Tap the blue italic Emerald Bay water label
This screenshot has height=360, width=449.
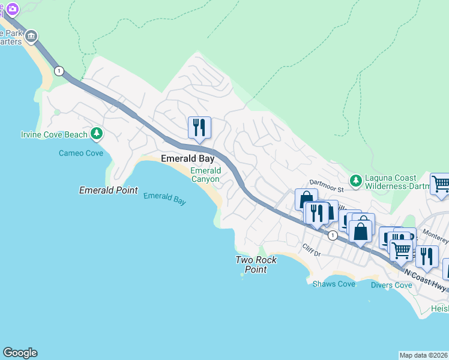pos(164,198)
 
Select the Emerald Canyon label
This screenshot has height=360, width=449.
pos(205,175)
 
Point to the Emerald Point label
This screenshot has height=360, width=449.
pos(109,190)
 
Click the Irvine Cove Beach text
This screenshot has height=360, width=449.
pos(54,134)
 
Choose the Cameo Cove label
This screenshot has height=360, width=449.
pos(81,153)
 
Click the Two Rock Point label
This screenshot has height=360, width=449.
pos(251,265)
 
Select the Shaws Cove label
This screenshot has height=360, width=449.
pos(334,284)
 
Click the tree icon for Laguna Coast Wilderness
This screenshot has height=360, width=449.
pos(356,179)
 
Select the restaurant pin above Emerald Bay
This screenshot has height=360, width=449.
pos(199,128)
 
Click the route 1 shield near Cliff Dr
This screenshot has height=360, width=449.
pos(332,236)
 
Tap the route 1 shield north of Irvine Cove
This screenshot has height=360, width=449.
pos(58,71)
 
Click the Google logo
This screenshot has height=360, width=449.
pos(20,353)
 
